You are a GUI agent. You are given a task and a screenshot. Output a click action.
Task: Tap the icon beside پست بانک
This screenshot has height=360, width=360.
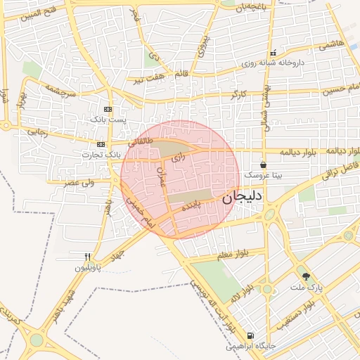pyautogui.click(x=108, y=109)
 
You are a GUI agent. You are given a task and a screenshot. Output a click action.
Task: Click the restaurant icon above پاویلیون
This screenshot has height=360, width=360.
pyautogui.click(x=88, y=257)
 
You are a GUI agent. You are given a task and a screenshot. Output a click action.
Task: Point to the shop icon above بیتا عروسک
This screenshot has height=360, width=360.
pyautogui.click(x=262, y=165)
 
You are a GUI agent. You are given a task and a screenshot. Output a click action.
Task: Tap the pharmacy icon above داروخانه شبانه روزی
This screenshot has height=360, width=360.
pyautogui.click(x=273, y=53)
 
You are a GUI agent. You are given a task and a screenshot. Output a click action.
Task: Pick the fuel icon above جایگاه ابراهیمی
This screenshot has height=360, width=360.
pyautogui.click(x=250, y=336)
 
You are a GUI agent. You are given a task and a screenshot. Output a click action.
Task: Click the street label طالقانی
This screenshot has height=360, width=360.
pyautogui.click(x=141, y=141)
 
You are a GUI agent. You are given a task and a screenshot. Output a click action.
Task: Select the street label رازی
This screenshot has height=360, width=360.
pyautogui.click(x=179, y=159)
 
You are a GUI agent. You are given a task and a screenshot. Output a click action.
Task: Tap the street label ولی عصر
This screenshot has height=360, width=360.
pyautogui.click(x=80, y=183)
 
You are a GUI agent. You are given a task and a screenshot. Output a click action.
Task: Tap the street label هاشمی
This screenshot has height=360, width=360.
pyautogui.click(x=330, y=46)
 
